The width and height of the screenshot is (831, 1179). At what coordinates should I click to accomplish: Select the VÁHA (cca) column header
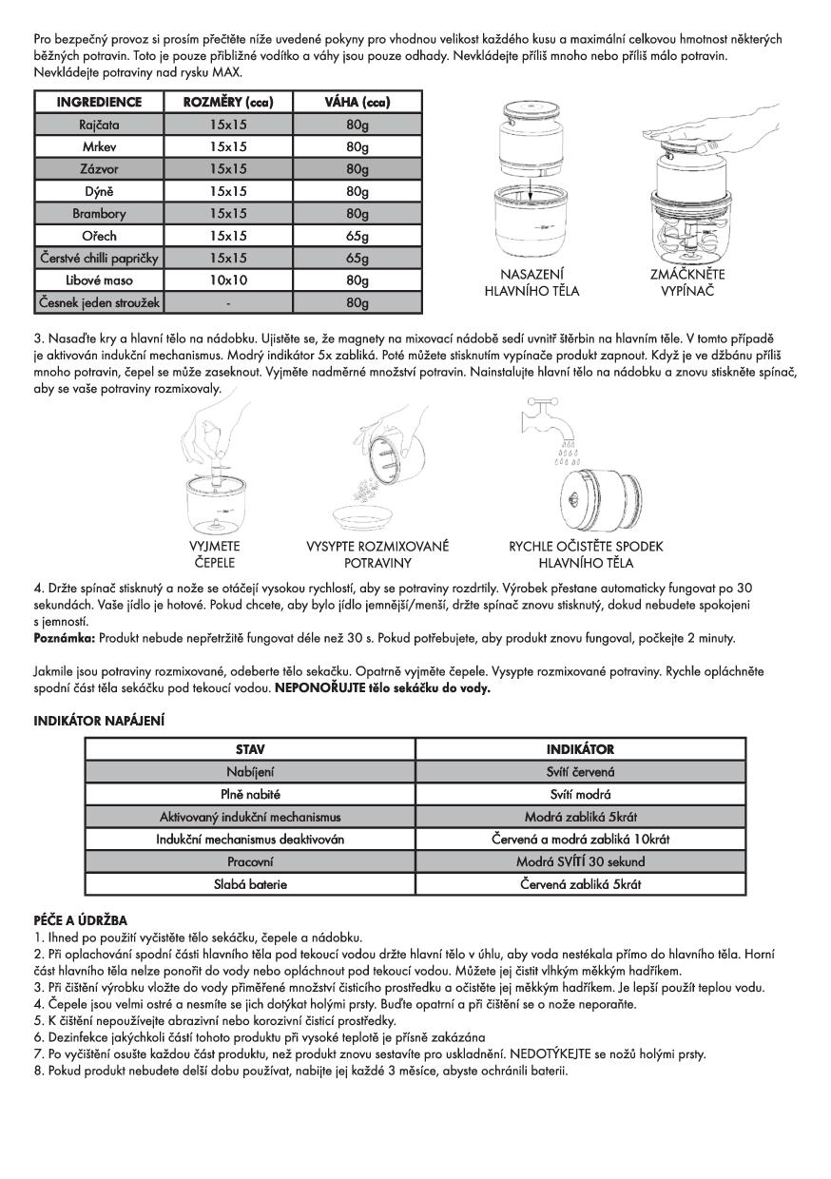tap(360, 102)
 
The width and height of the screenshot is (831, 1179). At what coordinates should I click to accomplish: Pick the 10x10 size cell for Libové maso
tap(228, 280)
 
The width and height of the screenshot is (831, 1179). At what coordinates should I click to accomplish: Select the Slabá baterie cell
tap(250, 883)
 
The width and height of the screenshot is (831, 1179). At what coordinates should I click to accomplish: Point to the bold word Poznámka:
tap(64, 636)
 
